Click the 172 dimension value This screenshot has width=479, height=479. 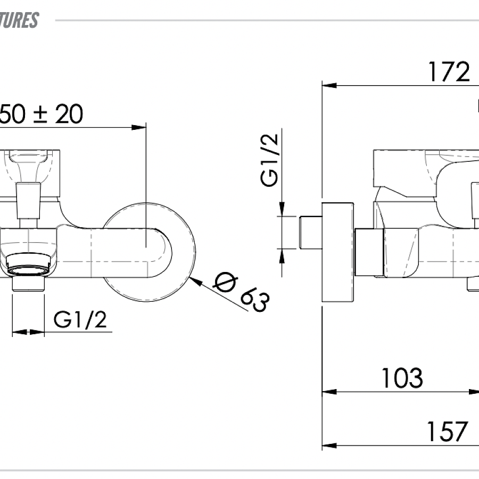[x=449, y=72]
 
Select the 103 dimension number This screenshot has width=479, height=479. [x=402, y=378]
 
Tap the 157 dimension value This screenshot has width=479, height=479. [x=447, y=432]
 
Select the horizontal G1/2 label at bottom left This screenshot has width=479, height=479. [x=80, y=319]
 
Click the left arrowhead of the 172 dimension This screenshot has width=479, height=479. [x=329, y=85]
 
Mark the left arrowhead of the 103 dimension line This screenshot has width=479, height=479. [x=329, y=392]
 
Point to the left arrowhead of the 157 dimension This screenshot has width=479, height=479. [x=329, y=445]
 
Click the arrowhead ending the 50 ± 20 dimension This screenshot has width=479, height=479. [x=139, y=127]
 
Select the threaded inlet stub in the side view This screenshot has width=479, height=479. [x=311, y=232]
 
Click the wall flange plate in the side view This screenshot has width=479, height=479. [x=338, y=253]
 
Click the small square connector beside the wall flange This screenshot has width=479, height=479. [x=368, y=252]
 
